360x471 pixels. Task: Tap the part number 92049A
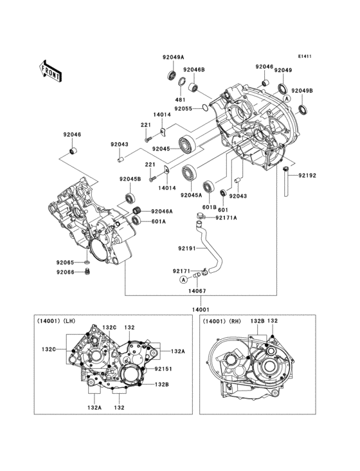[x=173, y=57]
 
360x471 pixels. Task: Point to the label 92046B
[x=194, y=69]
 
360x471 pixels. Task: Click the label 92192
[x=307, y=175]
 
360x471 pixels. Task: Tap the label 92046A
[x=163, y=211]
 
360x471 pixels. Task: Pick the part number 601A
[x=158, y=221]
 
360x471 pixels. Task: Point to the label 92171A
[x=226, y=217]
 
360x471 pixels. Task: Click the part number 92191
[x=188, y=248]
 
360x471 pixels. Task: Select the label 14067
[x=197, y=291]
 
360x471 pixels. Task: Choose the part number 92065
[x=64, y=263]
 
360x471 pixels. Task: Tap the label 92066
[x=64, y=272]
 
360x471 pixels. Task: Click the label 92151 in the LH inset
[x=163, y=369]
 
